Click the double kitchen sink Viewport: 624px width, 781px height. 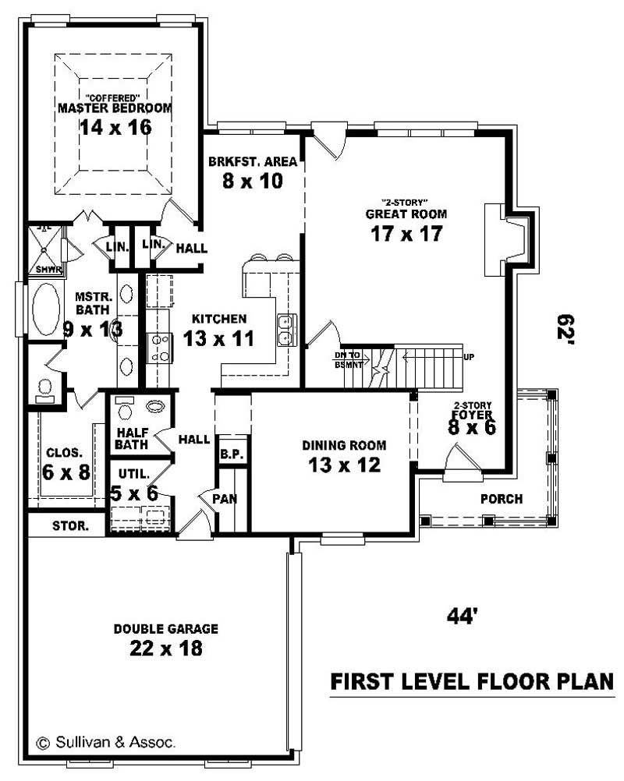286,329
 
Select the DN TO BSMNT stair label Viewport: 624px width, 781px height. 348,360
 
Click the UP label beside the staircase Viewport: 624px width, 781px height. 469,357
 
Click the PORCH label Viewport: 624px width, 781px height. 502,499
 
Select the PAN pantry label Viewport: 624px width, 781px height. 229,497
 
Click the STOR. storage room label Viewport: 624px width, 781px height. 66,525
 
